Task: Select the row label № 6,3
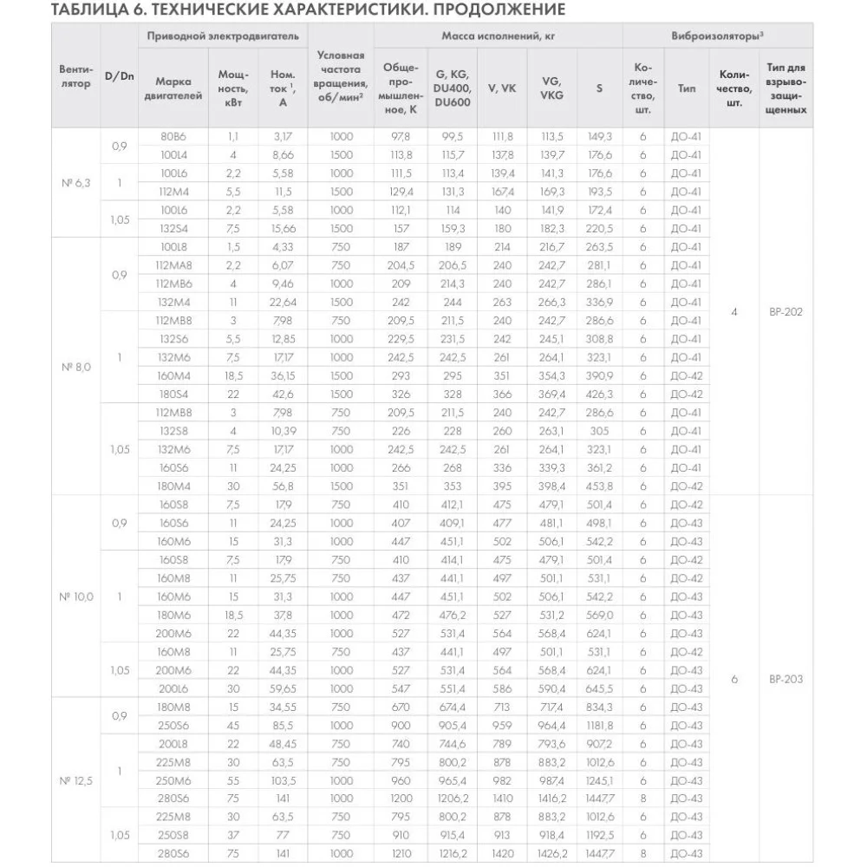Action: [x=75, y=182]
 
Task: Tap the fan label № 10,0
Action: [x=75, y=596]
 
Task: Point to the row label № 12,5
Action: [x=75, y=780]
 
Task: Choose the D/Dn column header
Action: [x=119, y=76]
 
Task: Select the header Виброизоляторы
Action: [x=717, y=36]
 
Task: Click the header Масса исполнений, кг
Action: [x=497, y=36]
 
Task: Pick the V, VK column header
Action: [x=502, y=88]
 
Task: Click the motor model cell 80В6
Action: [x=174, y=136]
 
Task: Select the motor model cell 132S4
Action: [x=174, y=228]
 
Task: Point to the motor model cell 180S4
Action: [x=174, y=394]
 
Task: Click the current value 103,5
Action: [x=283, y=779]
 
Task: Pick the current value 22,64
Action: [x=283, y=302]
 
